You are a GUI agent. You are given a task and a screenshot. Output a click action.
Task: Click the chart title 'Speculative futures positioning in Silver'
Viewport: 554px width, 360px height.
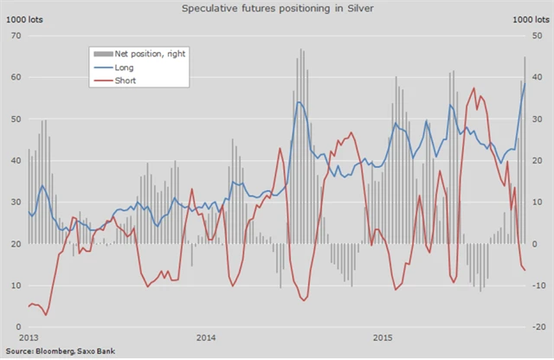click(x=278, y=8)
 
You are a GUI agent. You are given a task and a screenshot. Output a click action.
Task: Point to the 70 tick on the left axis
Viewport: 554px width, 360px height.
click(x=15, y=35)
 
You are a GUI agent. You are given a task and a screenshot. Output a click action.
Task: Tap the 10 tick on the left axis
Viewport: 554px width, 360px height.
click(x=15, y=286)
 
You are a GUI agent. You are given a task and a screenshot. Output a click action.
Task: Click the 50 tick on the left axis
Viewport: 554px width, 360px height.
click(x=15, y=119)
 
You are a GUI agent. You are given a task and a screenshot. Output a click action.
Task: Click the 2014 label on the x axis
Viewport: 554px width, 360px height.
click(x=206, y=337)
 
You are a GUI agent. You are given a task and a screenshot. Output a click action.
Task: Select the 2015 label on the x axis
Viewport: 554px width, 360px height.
click(x=382, y=337)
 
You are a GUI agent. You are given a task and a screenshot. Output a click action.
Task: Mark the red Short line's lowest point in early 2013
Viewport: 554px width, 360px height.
click(x=45, y=315)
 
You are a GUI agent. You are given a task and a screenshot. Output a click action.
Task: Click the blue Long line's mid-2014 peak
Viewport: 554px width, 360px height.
click(x=299, y=102)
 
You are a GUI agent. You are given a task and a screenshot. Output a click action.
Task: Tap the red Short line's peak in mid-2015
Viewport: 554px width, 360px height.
click(x=473, y=87)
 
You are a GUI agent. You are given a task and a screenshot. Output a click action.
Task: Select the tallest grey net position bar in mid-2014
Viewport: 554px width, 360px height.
click(x=300, y=49)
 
